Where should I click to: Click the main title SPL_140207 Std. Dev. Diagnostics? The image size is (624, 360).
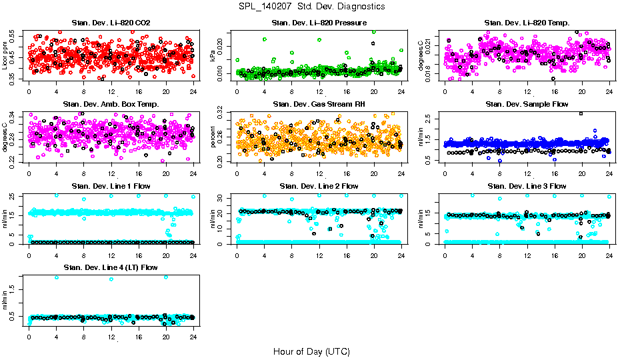(x=311, y=6)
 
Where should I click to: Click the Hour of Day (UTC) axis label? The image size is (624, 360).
(x=311, y=351)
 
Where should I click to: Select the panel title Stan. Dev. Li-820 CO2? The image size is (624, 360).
(x=111, y=23)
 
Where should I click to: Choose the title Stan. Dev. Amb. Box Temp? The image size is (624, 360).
(x=111, y=105)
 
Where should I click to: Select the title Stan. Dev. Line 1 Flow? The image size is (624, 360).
(x=111, y=186)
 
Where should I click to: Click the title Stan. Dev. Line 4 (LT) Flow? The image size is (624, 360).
(x=111, y=267)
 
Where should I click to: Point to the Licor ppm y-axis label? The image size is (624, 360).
(x=5, y=55)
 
